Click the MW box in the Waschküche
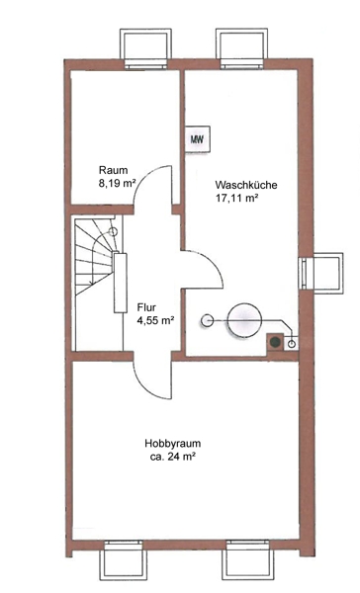pyautogui.click(x=197, y=138)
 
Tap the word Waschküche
pyautogui.click(x=246, y=185)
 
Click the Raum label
pyautogui.click(x=113, y=170)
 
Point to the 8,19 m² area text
pyautogui.click(x=117, y=184)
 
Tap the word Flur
pyautogui.click(x=146, y=307)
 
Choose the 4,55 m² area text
pyautogui.click(x=155, y=320)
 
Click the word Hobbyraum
pyautogui.click(x=173, y=443)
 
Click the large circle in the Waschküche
pyautogui.click(x=244, y=320)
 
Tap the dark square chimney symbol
pyautogui.click(x=275, y=342)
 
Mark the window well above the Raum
pyautogui.click(x=145, y=48)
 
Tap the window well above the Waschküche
pyautogui.click(x=242, y=48)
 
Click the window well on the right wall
pyautogui.click(x=321, y=272)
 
